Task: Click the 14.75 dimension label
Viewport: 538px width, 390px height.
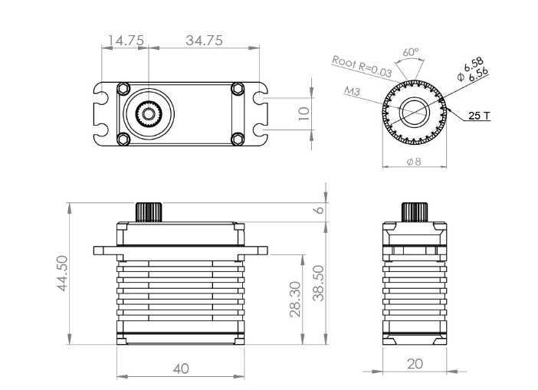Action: point(126,41)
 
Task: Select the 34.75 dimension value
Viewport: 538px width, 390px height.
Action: point(205,41)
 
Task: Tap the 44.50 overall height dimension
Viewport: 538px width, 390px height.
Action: point(62,273)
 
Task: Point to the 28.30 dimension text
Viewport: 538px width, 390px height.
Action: point(295,299)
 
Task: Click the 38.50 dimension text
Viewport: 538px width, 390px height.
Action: point(319,283)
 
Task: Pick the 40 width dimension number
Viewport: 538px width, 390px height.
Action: point(181,369)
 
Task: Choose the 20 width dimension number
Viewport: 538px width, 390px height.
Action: point(415,364)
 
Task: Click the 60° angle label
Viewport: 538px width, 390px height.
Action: point(411,52)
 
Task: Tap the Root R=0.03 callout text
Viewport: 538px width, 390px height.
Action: point(362,66)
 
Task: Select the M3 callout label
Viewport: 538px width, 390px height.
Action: point(352,91)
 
